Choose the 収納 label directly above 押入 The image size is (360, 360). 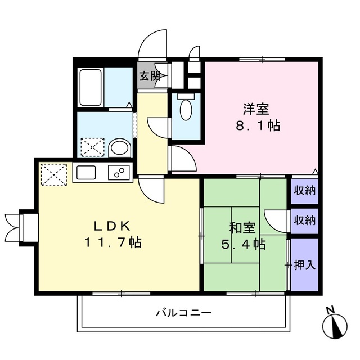304,219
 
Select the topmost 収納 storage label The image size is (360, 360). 304,190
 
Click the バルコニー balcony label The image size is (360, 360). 183,313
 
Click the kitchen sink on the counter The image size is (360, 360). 87,173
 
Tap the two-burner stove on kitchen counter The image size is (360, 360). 118,173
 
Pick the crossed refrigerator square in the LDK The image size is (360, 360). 53,173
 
